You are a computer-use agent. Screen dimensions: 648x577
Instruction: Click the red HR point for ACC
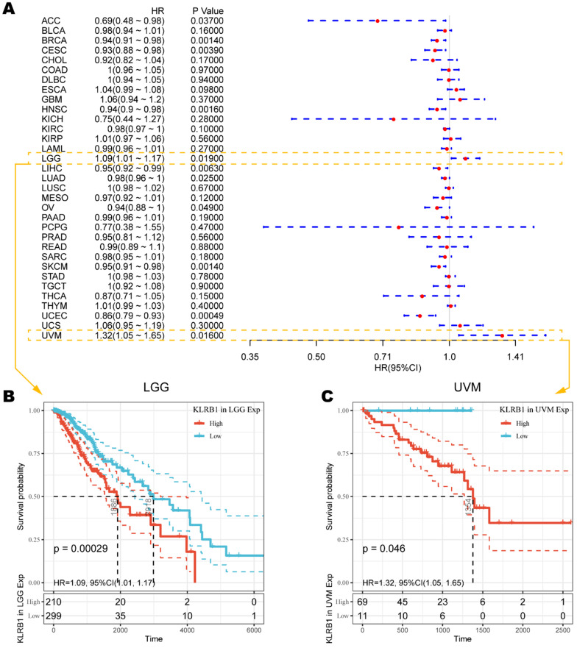tap(378, 21)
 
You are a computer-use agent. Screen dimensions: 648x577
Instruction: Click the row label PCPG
tap(54, 227)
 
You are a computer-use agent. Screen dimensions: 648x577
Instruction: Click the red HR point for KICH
tap(393, 118)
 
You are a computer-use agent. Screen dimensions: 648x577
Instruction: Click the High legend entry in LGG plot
tap(210, 423)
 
